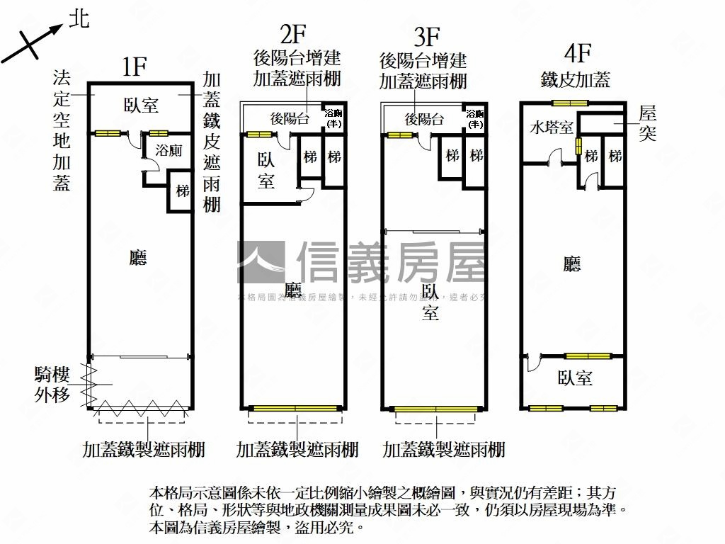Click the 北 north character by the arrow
click(x=79, y=19)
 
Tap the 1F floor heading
click(x=134, y=67)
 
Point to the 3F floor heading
click(x=427, y=35)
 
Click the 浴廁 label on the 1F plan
click(x=169, y=150)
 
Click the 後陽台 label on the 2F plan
click(x=290, y=119)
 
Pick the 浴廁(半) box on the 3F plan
click(x=476, y=119)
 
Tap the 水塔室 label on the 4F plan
click(x=552, y=128)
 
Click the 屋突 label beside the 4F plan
click(x=647, y=123)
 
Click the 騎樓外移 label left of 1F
click(x=52, y=385)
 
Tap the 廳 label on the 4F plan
click(x=572, y=264)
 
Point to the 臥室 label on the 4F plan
click(x=575, y=378)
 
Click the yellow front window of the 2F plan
click(x=294, y=408)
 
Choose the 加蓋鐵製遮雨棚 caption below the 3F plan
click(x=444, y=449)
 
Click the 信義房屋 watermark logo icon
click(x=261, y=261)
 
